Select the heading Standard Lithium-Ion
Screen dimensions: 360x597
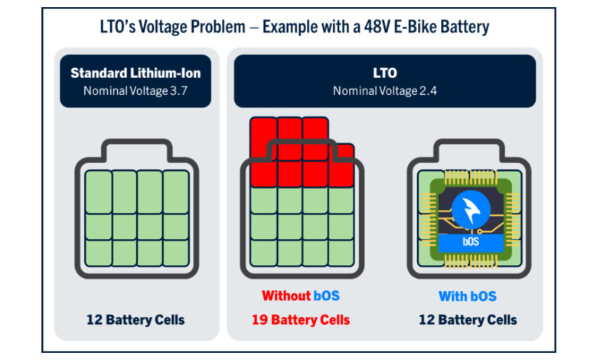coord(135,74)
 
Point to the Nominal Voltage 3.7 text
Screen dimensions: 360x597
coord(135,90)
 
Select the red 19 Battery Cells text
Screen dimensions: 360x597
coord(300,319)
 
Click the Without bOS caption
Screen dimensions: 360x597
coord(300,296)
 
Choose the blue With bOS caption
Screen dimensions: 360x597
coord(467,296)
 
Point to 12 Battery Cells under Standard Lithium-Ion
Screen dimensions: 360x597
coord(135,319)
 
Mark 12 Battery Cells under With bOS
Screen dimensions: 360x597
coord(467,319)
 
